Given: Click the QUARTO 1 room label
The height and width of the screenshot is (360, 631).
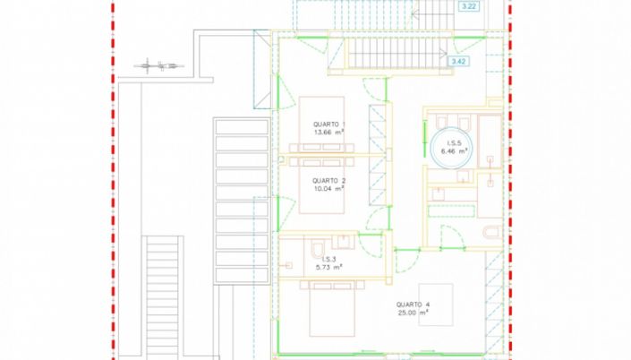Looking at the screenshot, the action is pyautogui.click(x=329, y=124).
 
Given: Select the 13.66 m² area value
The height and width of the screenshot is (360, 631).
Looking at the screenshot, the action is pyautogui.click(x=329, y=132).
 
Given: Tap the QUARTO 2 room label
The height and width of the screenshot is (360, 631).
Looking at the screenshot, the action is pyautogui.click(x=329, y=181).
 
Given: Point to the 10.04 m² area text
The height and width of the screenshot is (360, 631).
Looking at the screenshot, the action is pyautogui.click(x=329, y=188).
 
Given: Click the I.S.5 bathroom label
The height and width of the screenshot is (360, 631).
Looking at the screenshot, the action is pyautogui.click(x=454, y=143).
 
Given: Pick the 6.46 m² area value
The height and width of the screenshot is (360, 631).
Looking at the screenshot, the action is pyautogui.click(x=454, y=151).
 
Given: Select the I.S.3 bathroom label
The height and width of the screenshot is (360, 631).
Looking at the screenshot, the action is pyautogui.click(x=328, y=260).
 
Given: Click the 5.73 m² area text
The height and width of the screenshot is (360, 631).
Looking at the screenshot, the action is pyautogui.click(x=328, y=267).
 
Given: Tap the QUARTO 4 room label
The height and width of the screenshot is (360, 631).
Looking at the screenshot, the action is pyautogui.click(x=413, y=304).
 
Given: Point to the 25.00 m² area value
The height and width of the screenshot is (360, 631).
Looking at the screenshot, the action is pyautogui.click(x=413, y=313).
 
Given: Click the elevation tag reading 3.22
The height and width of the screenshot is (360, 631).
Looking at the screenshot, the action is pyautogui.click(x=469, y=6).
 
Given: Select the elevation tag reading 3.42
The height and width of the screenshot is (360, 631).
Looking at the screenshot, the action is pyautogui.click(x=458, y=61).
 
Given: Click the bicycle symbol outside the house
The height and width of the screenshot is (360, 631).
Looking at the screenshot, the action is pyautogui.click(x=159, y=65).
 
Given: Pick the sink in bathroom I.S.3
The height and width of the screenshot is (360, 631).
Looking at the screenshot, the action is pyautogui.click(x=344, y=242).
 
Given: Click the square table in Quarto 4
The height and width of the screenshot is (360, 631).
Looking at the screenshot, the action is pyautogui.click(x=436, y=304).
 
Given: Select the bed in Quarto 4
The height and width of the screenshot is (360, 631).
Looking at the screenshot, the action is pyautogui.click(x=332, y=309).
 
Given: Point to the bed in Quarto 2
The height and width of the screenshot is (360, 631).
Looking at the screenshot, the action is pyautogui.click(x=321, y=185).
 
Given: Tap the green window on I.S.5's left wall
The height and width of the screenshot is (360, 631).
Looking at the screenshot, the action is pyautogui.click(x=424, y=139).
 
